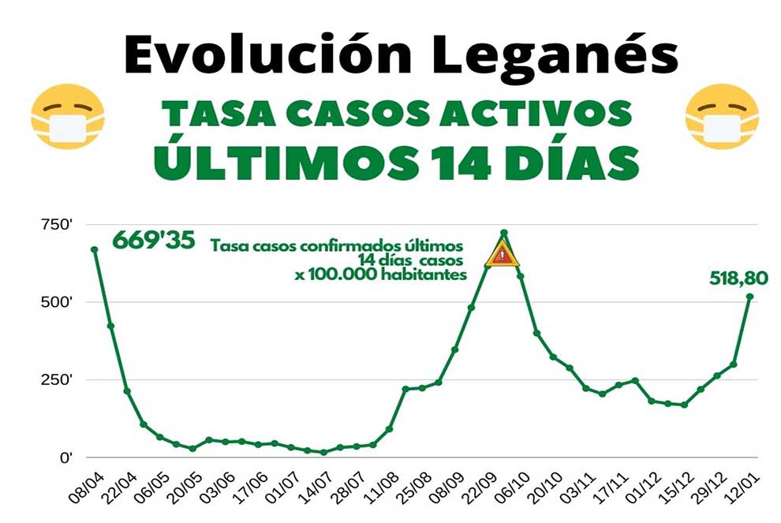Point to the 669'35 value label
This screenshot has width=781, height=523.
pyautogui.click(x=153, y=240)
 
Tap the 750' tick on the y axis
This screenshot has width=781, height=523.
pyautogui.click(x=56, y=226)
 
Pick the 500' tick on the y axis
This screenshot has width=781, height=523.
pyautogui.click(x=56, y=303)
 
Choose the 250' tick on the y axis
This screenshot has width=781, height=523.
pyautogui.click(x=56, y=380)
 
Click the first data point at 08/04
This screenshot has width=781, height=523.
pyautogui.click(x=95, y=249)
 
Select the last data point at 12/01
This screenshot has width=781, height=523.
pyautogui.click(x=749, y=297)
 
